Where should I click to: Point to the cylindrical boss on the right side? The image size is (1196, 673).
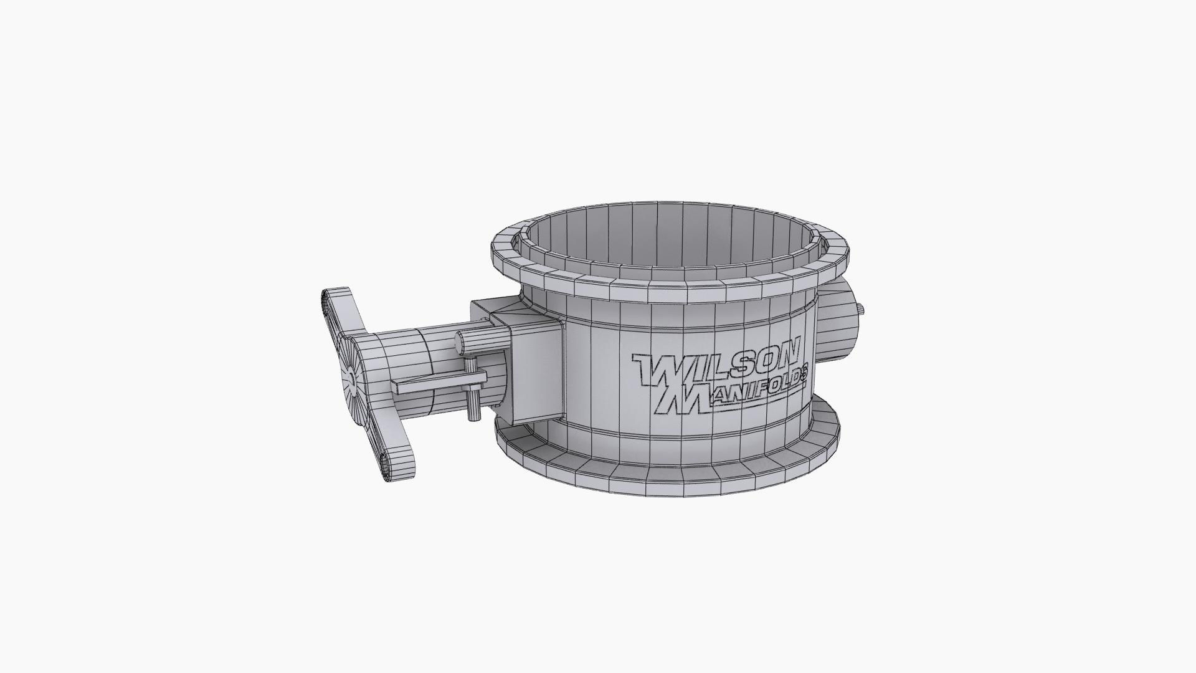838,324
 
